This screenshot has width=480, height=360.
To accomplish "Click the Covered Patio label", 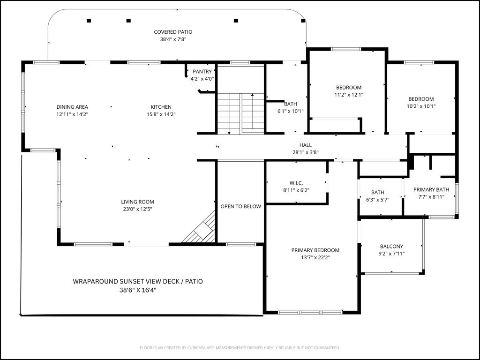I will click(173, 32).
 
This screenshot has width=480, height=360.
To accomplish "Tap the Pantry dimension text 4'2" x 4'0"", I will click(202, 79).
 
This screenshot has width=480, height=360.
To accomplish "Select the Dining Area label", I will click(72, 107).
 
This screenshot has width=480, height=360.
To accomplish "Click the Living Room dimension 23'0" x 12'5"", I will click(137, 209).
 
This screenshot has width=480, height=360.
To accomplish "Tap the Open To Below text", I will click(240, 206).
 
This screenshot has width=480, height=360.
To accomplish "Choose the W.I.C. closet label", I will click(296, 182).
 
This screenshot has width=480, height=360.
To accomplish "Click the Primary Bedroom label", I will click(315, 250).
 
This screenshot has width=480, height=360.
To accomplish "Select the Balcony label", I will click(391, 246).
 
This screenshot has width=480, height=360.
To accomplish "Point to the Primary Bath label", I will click(431, 189).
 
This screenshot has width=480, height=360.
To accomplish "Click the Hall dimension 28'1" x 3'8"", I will click(306, 152).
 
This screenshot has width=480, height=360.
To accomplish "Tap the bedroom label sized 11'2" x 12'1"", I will click(349, 88).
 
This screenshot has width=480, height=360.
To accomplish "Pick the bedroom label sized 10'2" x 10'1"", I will click(421, 99).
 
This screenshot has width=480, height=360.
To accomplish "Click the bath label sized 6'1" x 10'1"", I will click(291, 104).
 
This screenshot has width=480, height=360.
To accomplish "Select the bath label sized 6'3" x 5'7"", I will click(378, 192).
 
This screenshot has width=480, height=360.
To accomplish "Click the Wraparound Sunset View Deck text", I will click(138, 281).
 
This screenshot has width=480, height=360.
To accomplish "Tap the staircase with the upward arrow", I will click(241, 112).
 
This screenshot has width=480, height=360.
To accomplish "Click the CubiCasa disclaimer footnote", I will click(240, 348).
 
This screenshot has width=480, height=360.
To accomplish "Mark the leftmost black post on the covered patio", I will click(89, 20).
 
